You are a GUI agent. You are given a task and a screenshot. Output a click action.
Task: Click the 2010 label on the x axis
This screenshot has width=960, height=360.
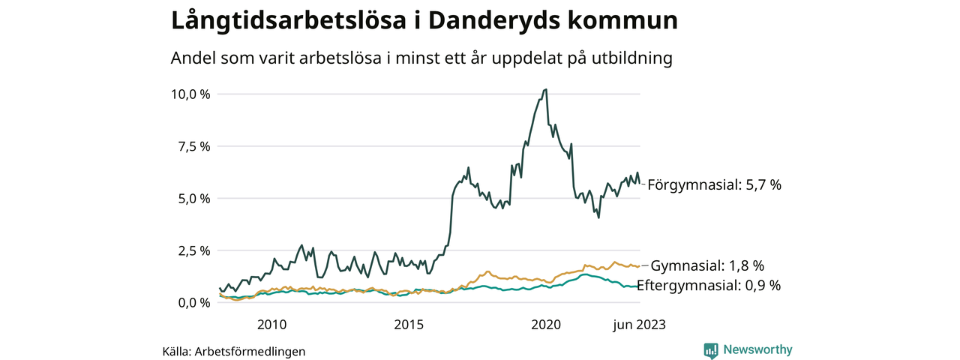(x=271, y=325)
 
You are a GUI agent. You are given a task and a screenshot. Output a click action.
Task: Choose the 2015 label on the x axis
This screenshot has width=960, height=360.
(x=409, y=325)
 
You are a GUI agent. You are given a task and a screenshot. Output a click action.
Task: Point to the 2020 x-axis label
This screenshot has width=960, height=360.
(x=546, y=325)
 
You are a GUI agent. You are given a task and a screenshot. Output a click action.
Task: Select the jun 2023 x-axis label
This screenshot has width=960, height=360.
(x=639, y=325)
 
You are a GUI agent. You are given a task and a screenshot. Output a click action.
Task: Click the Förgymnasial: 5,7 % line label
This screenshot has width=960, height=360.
(x=714, y=184)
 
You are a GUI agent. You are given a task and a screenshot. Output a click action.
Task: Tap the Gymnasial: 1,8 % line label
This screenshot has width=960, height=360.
(x=707, y=265)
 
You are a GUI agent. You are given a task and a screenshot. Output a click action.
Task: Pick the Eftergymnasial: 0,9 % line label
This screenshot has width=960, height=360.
(x=709, y=285)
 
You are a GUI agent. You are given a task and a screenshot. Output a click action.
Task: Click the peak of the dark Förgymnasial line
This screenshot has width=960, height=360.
(x=545, y=89)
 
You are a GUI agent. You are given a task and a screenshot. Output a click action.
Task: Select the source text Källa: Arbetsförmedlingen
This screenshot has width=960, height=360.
(x=234, y=351)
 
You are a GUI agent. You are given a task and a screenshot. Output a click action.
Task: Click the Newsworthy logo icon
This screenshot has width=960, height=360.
(x=711, y=350)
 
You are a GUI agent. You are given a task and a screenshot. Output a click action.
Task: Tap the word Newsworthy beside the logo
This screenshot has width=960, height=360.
(x=757, y=349)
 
